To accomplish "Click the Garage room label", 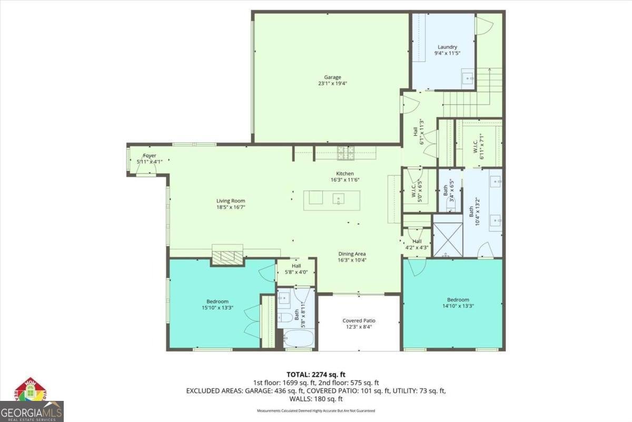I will click(x=332, y=77).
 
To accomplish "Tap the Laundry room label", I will click(x=447, y=47).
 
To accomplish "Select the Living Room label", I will click(x=231, y=200).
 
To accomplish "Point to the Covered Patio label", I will click(x=359, y=321).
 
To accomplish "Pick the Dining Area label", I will click(x=352, y=254).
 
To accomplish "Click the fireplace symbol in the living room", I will click(x=228, y=257).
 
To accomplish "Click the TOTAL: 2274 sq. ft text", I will click(x=316, y=375).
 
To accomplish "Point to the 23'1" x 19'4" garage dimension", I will click(x=332, y=83).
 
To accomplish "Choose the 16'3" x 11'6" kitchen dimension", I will click(x=345, y=180).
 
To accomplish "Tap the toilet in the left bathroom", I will click(x=285, y=318).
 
